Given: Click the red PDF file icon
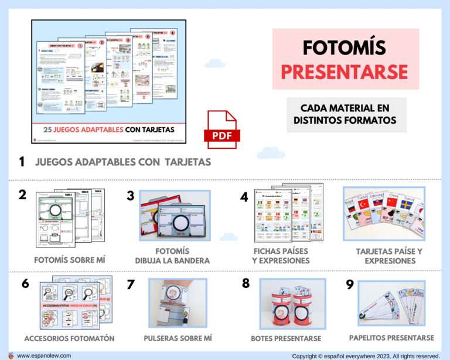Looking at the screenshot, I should coord(222,130).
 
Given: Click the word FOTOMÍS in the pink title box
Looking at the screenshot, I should coord(345,49).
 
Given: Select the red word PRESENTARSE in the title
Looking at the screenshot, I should coord(345,72).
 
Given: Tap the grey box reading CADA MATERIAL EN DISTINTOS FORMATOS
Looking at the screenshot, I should coord(346,114).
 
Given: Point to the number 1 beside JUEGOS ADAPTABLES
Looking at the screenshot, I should coord(22,162).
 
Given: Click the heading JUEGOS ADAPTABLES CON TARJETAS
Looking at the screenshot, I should coord(123,162).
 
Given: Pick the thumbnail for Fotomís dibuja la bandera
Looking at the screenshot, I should coord(174,215).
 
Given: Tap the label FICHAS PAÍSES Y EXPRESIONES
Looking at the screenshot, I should coord(281,256).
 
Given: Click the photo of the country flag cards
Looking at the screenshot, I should coord(384,214).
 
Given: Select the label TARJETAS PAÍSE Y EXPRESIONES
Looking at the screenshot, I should coord(390,256).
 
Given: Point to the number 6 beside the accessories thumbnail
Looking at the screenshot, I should coord(25,284).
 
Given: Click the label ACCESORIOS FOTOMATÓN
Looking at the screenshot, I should coord(70,338).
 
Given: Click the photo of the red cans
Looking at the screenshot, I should coord(284,304).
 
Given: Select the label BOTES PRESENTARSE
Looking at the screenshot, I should coord(286,338).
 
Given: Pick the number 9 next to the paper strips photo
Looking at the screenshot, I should coord(350,284).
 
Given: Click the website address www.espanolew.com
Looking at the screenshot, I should coord(44,355).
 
